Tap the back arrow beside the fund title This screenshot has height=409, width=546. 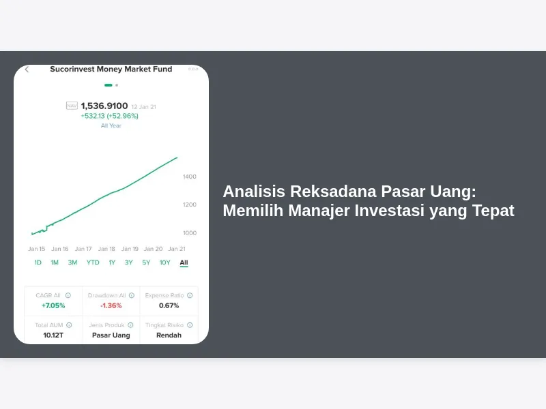click(27, 70)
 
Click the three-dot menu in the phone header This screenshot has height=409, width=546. click(193, 69)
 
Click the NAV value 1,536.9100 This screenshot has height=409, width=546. click(104, 106)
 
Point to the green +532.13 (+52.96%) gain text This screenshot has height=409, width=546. click(110, 116)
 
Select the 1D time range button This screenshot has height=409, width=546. click(38, 262)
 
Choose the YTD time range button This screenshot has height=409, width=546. click(93, 262)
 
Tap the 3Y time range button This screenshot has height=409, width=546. click(129, 262)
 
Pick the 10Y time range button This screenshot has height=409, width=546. click(165, 262)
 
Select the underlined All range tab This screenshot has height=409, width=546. click(184, 263)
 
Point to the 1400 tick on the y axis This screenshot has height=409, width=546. click(190, 177)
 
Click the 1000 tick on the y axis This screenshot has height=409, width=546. click(190, 233)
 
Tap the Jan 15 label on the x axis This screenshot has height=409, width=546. click(37, 249)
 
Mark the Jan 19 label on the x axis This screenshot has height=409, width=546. click(130, 249)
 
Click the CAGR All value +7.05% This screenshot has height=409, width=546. click(53, 305)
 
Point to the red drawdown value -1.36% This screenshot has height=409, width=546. click(111, 305)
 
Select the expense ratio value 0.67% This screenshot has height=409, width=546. click(169, 305)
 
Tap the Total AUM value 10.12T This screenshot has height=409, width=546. click(53, 335)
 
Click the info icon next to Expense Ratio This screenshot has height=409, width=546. click(190, 295)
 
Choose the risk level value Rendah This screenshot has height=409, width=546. click(169, 335)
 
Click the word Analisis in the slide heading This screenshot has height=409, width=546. click(254, 192)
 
